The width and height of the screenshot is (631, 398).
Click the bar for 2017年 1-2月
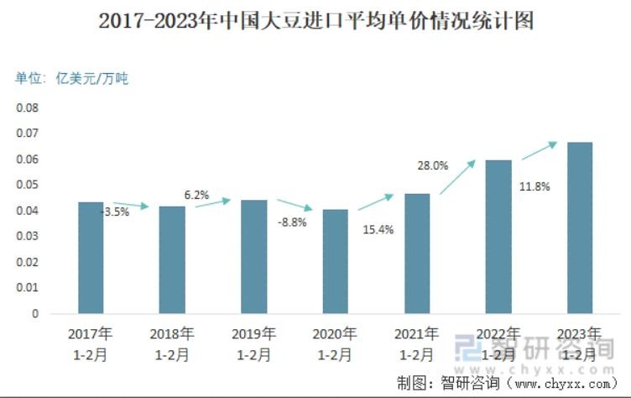(x=91, y=258)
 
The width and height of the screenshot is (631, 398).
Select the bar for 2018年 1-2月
(x=172, y=259)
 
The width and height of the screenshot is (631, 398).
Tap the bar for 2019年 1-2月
(x=253, y=257)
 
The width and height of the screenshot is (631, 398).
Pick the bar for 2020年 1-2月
(x=335, y=261)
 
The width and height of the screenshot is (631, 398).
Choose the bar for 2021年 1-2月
(x=416, y=254)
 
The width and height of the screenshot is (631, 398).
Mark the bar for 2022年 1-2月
(x=498, y=237)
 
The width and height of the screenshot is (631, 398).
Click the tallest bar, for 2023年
(x=580, y=228)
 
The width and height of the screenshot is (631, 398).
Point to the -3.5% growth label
(x=115, y=212)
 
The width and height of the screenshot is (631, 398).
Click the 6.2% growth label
(x=196, y=195)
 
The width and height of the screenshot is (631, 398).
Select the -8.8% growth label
(x=292, y=223)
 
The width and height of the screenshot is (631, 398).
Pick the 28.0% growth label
(x=433, y=165)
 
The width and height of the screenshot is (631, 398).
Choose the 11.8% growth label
(x=535, y=186)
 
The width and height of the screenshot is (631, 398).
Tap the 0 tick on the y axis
(x=36, y=313)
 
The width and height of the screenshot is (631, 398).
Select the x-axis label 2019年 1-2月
(x=253, y=344)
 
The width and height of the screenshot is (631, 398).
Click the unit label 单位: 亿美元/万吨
(x=72, y=79)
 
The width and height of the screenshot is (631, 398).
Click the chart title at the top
(x=315, y=20)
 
